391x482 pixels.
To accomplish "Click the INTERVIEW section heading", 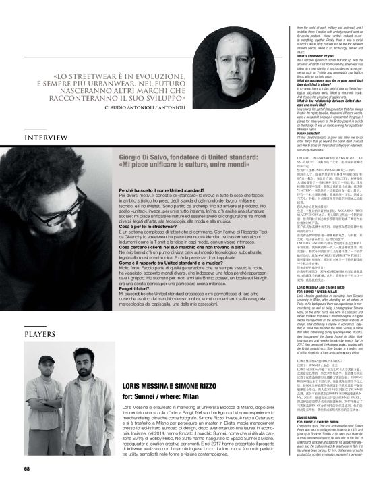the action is (x=44, y=138).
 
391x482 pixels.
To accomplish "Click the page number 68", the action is (x=27, y=468).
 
